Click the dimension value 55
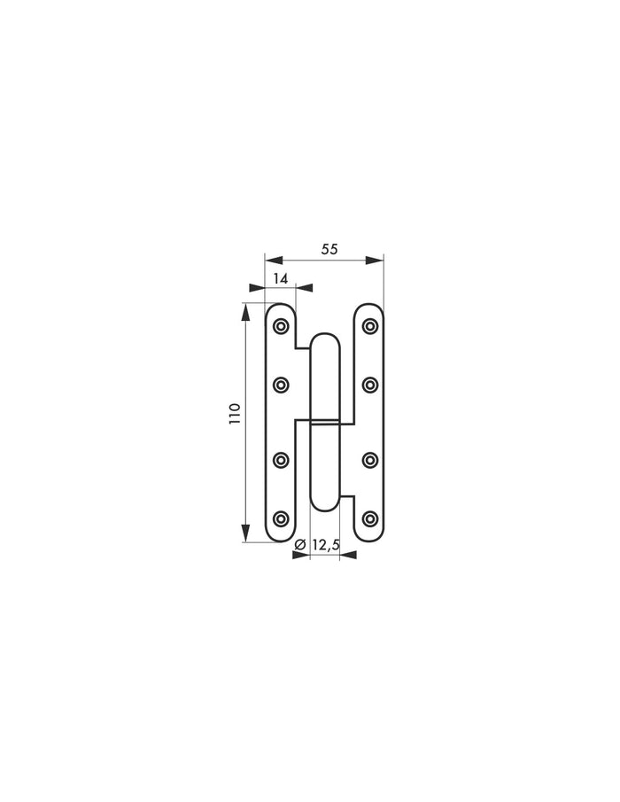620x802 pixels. tap(329, 249)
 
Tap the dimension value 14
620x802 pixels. tap(281, 278)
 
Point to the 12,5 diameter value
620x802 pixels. tap(325, 545)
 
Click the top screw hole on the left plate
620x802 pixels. tap(282, 327)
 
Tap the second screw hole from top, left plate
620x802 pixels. tap(282, 384)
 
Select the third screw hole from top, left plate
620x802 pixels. tap(282, 460)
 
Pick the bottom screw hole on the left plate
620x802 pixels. tap(282, 518)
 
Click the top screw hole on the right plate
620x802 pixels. tap(369, 327)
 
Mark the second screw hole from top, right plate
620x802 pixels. tap(369, 384)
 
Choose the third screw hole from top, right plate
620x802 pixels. tap(369, 460)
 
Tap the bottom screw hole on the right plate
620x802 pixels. tap(369, 518)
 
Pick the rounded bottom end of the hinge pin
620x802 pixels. tap(325, 503)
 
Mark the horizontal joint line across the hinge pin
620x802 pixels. tap(325, 417)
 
